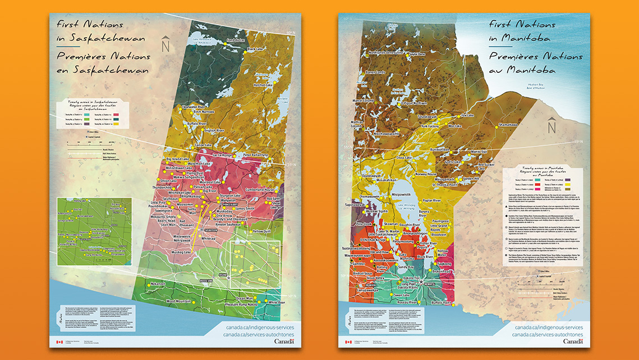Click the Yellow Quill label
262,231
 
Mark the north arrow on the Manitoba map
552,126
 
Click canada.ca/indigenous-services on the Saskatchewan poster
259,327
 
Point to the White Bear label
277,302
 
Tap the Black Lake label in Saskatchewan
255,49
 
